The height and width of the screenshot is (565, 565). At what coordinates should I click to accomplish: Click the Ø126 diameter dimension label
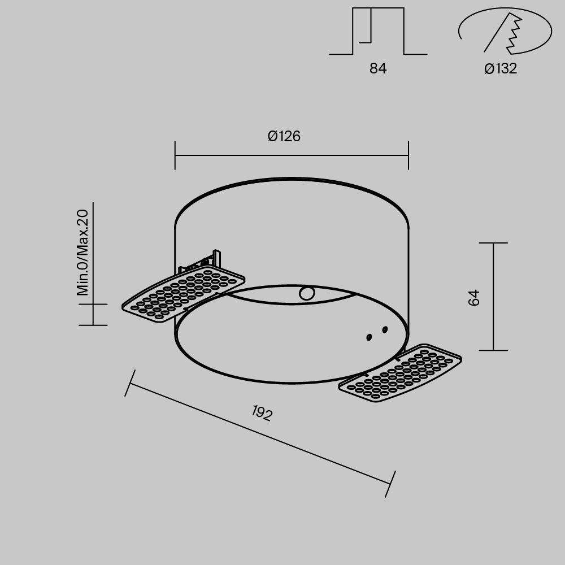click(x=284, y=136)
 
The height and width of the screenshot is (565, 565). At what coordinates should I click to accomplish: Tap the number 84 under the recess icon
click(x=378, y=69)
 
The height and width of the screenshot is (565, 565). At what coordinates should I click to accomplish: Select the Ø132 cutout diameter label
click(x=501, y=69)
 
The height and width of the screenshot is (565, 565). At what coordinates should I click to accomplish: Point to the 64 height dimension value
click(x=475, y=297)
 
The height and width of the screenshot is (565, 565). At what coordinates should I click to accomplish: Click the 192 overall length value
click(x=262, y=413)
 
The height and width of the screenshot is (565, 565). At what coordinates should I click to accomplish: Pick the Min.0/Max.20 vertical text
click(x=83, y=252)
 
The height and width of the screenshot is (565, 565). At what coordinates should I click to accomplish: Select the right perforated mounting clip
click(x=400, y=373)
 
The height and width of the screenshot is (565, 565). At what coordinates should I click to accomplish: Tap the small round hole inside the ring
click(x=307, y=293)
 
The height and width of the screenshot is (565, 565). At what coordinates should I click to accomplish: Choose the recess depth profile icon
click(x=378, y=32)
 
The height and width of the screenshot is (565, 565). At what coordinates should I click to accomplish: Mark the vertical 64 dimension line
click(x=493, y=297)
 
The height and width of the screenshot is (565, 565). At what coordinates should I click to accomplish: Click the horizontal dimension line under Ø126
click(x=292, y=155)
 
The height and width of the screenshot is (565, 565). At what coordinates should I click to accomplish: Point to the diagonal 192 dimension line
click(x=260, y=434)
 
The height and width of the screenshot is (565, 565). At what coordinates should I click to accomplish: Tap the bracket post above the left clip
click(x=216, y=258)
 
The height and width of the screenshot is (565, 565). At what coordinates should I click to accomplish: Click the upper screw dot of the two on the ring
click(x=385, y=329)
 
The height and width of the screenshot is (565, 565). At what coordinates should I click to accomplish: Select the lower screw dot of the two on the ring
click(x=369, y=337)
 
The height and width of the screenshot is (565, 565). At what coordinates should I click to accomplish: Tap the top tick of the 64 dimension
click(x=493, y=243)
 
